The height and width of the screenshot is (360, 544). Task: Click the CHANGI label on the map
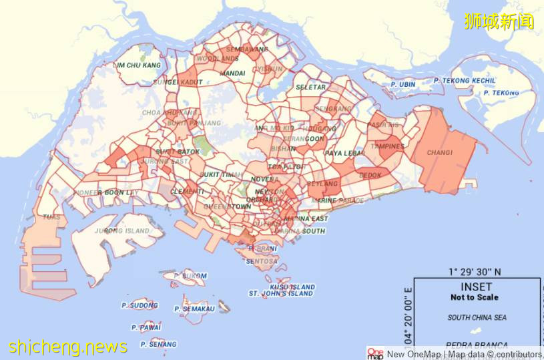[440, 153]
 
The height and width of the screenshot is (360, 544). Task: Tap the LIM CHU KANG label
[139, 65]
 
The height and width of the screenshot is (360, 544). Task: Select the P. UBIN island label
[403, 85]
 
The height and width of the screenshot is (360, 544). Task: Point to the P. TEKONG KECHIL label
[465, 81]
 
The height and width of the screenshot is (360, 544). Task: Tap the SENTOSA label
[262, 261]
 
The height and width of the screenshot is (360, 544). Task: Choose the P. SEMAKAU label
[195, 309]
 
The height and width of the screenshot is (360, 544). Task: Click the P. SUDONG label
[140, 305]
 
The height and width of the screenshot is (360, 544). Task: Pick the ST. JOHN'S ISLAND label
[281, 293]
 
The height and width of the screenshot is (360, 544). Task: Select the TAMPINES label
[388, 147]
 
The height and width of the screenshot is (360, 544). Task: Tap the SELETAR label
[311, 87]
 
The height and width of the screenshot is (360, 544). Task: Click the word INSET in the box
[476, 287]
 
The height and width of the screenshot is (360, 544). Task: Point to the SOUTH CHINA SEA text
[477, 318]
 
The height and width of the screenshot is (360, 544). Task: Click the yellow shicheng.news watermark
[68, 347]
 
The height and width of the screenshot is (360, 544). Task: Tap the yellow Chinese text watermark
[499, 21]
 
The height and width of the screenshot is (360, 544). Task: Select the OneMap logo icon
[376, 354]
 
